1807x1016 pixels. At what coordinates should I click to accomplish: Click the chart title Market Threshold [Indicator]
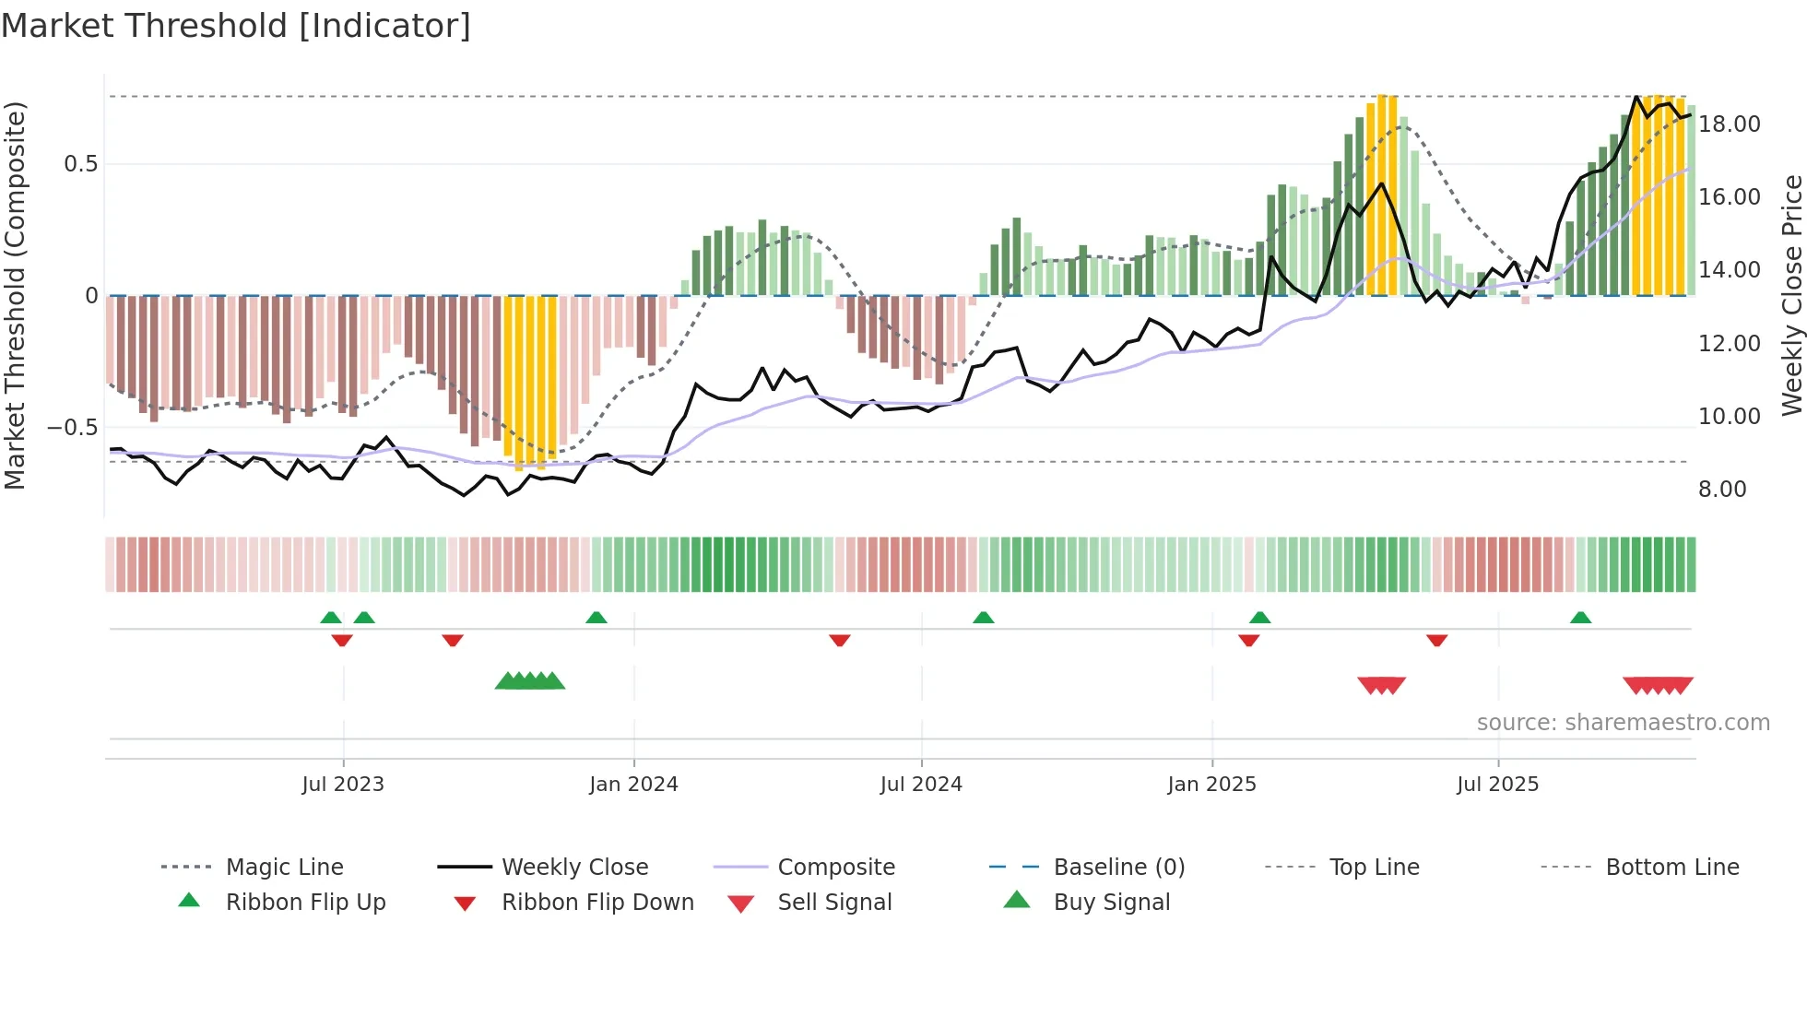(x=236, y=26)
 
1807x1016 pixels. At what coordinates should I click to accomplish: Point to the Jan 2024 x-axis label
(x=633, y=784)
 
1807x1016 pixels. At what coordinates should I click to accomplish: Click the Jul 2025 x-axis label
(x=1497, y=784)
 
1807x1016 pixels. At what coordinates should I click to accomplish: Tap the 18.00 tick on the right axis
(x=1729, y=124)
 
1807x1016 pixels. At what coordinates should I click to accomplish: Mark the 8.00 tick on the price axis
(x=1722, y=489)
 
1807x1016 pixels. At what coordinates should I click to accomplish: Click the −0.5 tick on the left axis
(x=72, y=427)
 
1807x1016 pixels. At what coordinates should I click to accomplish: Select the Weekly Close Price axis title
(x=1790, y=295)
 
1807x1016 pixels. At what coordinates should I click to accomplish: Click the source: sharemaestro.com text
(x=1623, y=722)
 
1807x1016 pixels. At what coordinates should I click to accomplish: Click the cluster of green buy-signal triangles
(x=530, y=681)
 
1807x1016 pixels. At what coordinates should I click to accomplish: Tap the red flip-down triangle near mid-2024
(x=839, y=640)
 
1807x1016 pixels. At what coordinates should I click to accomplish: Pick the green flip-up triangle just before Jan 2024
(x=596, y=618)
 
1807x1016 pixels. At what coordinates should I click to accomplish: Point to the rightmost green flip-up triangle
(x=1580, y=618)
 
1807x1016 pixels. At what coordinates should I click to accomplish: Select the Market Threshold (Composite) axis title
(x=15, y=295)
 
